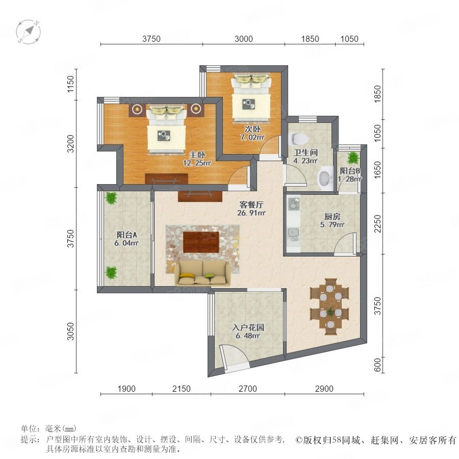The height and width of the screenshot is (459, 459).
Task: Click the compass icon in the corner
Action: [29, 32]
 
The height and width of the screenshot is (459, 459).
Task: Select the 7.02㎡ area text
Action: [252, 137]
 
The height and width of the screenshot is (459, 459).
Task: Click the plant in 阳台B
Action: [353, 158]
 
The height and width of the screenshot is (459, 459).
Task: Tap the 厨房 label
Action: [332, 217]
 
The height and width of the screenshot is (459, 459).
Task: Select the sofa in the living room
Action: [202, 273]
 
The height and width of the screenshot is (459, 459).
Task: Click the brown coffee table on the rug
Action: [201, 242]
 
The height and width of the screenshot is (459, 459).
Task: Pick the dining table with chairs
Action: [330, 307]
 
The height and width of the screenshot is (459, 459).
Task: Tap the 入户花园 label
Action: [248, 327]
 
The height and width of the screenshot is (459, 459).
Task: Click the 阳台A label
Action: [127, 235]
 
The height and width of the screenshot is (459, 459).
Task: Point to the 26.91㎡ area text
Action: [251, 213]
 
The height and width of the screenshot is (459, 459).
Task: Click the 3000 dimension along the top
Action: [244, 39]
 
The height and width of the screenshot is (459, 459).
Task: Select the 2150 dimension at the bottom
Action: [182, 389]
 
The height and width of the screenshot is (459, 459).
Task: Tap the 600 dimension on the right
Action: [377, 365]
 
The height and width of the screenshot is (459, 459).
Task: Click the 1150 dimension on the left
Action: [70, 84]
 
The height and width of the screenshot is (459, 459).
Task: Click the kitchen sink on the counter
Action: [293, 233]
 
